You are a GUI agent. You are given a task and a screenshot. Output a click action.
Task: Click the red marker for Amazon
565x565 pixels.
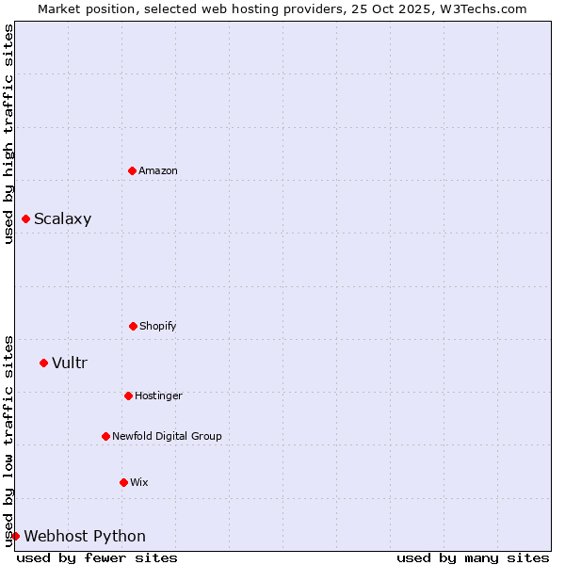(x=132, y=170)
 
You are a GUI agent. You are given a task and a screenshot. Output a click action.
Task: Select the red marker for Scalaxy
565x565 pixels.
(x=25, y=219)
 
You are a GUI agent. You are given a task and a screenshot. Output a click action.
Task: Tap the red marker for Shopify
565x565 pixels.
(x=133, y=326)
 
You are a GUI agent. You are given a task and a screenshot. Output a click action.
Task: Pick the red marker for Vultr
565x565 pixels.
(x=43, y=363)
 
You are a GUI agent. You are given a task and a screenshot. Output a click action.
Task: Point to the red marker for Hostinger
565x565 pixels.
(x=128, y=395)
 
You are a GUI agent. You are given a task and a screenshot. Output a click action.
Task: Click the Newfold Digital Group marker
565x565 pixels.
(x=105, y=436)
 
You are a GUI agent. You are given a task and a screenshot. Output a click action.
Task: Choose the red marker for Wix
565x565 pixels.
(x=123, y=482)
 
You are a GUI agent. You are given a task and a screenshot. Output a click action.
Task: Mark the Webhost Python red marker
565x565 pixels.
(x=15, y=536)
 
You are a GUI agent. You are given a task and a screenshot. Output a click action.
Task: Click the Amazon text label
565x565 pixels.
(x=158, y=170)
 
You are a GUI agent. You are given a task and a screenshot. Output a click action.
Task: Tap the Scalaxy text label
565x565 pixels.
(x=63, y=219)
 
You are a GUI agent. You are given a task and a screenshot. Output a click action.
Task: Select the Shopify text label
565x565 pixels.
(x=158, y=326)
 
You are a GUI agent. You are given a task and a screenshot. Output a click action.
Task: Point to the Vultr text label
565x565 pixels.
(x=70, y=363)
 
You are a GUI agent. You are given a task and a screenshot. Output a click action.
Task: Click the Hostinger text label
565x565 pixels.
(x=158, y=395)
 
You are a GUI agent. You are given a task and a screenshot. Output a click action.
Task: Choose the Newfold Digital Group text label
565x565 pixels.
(x=167, y=436)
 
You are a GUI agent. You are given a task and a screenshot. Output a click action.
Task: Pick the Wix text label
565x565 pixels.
(x=139, y=482)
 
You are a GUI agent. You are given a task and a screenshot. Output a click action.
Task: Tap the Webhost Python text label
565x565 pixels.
(x=85, y=536)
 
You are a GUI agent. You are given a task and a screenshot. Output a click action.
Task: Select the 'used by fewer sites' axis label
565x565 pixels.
(x=97, y=557)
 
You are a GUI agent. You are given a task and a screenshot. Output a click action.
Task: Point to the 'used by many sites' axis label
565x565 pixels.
(x=473, y=557)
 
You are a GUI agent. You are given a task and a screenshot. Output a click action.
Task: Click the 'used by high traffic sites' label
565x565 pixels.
(x=8, y=134)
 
